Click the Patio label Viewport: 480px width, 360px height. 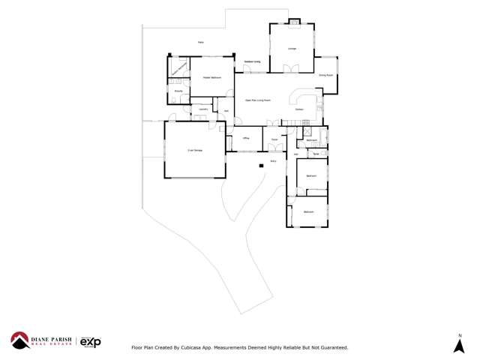(x=201, y=42)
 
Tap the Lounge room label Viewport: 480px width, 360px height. (x=292, y=49)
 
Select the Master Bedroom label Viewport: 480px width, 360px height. (x=211, y=77)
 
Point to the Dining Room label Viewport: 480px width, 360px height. (x=325, y=75)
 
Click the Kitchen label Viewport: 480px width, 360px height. (x=299, y=109)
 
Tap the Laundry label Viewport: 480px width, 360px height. (x=202, y=109)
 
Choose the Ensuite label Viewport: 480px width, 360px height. (x=178, y=91)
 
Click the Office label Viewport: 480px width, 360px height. (x=246, y=138)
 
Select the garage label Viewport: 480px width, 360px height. (x=194, y=151)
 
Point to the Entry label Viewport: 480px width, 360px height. (x=273, y=160)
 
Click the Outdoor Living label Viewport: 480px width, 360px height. (x=252, y=61)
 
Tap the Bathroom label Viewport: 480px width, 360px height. (x=311, y=140)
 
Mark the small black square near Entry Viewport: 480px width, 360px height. (x=261, y=165)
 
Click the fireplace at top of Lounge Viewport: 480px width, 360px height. (x=294, y=22)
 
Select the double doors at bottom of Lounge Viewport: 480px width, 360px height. (x=292, y=70)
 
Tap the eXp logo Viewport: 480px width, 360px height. (x=90, y=342)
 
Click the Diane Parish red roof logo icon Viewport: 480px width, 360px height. (x=19, y=340)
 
